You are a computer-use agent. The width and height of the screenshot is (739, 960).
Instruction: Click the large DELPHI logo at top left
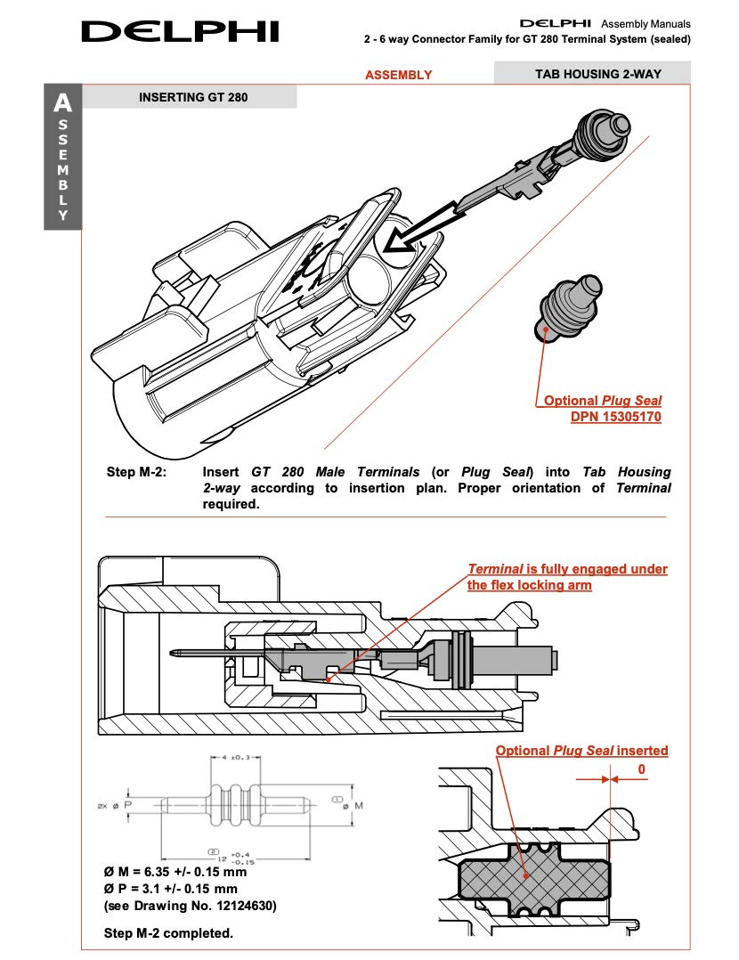[x=181, y=31]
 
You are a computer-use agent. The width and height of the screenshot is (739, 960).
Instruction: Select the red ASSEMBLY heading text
[x=399, y=75]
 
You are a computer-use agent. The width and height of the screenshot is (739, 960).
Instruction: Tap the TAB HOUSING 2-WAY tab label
[x=598, y=74]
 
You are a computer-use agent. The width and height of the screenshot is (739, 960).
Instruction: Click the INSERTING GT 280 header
[x=193, y=97]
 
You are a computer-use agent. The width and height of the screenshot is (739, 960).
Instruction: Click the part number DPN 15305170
[x=616, y=417]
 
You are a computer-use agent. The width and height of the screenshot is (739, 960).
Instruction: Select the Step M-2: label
[x=136, y=472]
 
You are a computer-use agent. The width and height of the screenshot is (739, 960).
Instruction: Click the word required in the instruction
[x=231, y=504]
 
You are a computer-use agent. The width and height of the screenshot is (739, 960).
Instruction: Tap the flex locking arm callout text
[x=567, y=577]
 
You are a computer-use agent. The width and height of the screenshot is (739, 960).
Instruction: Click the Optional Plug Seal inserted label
[x=581, y=751]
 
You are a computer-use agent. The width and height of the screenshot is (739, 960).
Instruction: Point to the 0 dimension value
[x=642, y=769]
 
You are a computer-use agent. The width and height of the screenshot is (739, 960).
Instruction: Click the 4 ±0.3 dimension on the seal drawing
[x=236, y=757]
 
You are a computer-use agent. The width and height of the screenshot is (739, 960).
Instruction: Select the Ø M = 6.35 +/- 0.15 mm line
[x=175, y=872]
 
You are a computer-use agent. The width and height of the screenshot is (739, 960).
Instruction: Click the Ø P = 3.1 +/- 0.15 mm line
[x=170, y=889]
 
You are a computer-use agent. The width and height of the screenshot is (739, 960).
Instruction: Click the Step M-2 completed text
[x=168, y=933]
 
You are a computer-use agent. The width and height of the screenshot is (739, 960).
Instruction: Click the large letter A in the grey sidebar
[x=62, y=103]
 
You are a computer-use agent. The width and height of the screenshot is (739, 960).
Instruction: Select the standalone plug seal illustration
[x=572, y=308]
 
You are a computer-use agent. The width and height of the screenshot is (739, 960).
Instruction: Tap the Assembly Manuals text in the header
[x=646, y=24]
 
